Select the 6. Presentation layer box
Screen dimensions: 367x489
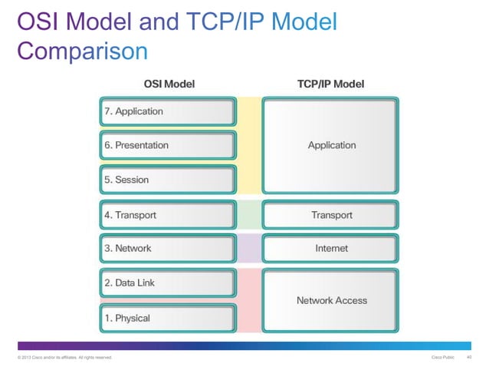166,145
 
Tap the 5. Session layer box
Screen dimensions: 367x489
166,180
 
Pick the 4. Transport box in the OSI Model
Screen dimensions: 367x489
166,215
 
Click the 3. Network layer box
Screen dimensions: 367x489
166,248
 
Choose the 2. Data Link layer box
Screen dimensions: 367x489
166,283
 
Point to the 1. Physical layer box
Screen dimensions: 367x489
166,318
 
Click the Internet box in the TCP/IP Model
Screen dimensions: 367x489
331,248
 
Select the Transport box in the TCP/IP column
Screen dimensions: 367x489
331,215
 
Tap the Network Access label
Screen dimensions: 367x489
331,300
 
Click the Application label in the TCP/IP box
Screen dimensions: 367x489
331,145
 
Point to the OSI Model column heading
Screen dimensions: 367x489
166,84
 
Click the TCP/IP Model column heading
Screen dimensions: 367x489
330,84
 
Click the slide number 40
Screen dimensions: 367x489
469,358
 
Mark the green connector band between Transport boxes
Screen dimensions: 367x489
249,215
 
